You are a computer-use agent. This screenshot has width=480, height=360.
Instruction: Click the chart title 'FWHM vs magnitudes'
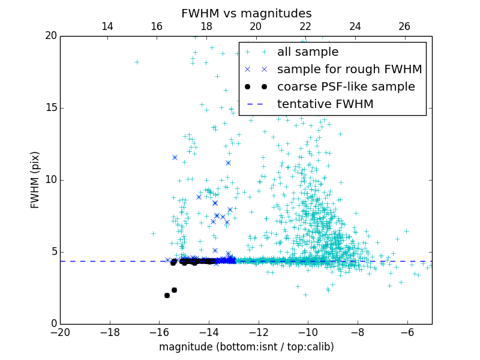coord(246,13)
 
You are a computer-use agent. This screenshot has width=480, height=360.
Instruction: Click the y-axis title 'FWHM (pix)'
coord(35,179)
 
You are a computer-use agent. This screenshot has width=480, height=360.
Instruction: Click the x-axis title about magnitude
coord(246,347)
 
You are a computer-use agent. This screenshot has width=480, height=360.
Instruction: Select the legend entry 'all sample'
coord(308,52)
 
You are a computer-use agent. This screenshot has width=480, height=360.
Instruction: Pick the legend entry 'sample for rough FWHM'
coord(349,70)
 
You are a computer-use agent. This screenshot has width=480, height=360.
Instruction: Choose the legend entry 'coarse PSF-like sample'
coord(346,87)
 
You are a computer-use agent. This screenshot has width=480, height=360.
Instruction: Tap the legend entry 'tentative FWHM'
coord(325,104)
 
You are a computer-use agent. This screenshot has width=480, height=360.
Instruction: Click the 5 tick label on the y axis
coord(52,252)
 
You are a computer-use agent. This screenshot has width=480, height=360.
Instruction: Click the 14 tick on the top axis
coord(107,26)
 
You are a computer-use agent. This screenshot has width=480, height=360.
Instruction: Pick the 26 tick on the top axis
coord(404,26)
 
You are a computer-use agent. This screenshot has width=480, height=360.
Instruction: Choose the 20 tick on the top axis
coord(256,26)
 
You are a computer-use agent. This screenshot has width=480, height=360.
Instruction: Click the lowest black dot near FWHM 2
coord(167,295)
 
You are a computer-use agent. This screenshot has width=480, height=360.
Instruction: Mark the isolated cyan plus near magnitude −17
coord(137,62)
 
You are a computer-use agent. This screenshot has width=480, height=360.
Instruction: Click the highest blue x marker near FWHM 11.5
coord(175,157)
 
